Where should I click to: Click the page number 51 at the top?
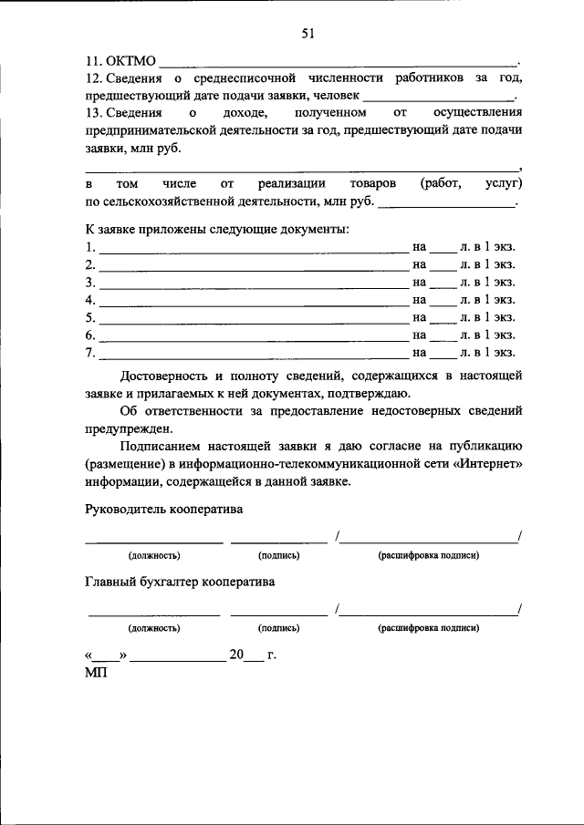pyautogui.click(x=308, y=34)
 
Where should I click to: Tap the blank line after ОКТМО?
pyautogui.click(x=338, y=65)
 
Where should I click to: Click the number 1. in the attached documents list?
pyautogui.click(x=90, y=247)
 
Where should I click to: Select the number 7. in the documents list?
pyautogui.click(x=90, y=352)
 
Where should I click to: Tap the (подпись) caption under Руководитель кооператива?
pyautogui.click(x=278, y=555)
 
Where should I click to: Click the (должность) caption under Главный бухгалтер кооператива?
pyautogui.click(x=153, y=628)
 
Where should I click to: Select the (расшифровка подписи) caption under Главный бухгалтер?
pyautogui.click(x=428, y=628)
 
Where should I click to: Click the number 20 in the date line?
pyautogui.click(x=237, y=655)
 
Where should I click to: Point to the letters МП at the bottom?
pyautogui.click(x=95, y=673)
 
